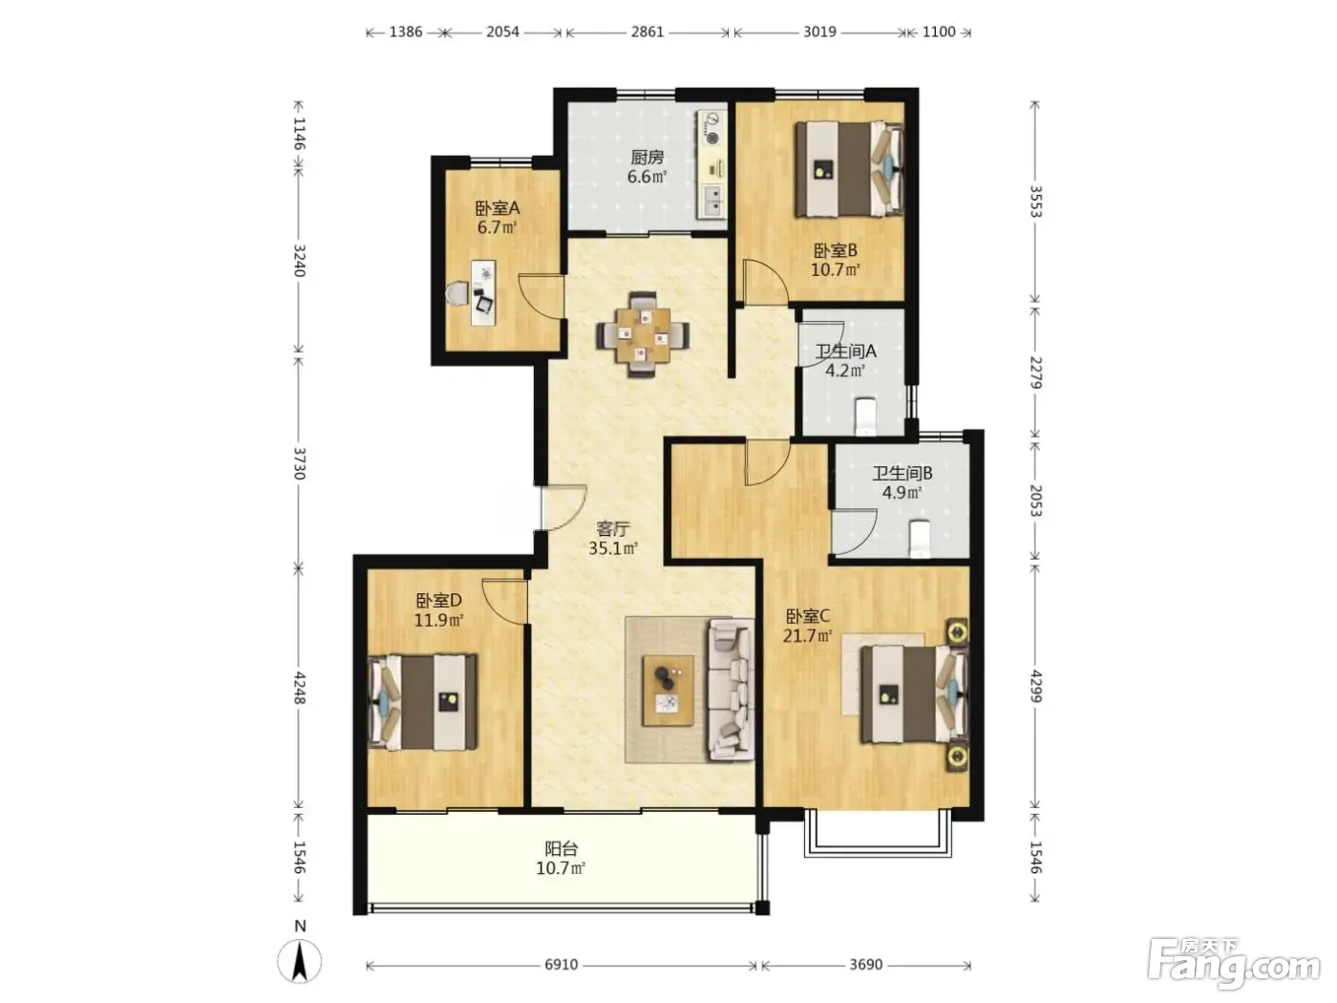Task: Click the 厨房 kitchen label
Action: click(x=647, y=158)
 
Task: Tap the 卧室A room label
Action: click(x=497, y=209)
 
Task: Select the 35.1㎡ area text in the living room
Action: click(x=613, y=548)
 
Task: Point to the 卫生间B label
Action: click(x=902, y=473)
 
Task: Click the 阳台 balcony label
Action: click(x=561, y=848)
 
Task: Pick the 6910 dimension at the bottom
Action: click(x=561, y=964)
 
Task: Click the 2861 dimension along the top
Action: click(x=647, y=32)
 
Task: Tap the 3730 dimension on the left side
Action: click(x=299, y=463)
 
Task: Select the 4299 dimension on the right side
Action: click(x=1035, y=686)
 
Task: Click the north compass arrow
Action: click(x=300, y=962)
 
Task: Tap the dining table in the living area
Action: click(x=643, y=335)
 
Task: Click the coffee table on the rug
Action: click(x=668, y=690)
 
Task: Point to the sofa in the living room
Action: click(x=731, y=690)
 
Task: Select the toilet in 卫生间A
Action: click(x=865, y=416)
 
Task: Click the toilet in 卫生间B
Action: click(x=919, y=539)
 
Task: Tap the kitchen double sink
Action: click(x=712, y=201)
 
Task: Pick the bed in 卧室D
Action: click(x=423, y=702)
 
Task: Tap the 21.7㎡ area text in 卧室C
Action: click(x=807, y=636)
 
